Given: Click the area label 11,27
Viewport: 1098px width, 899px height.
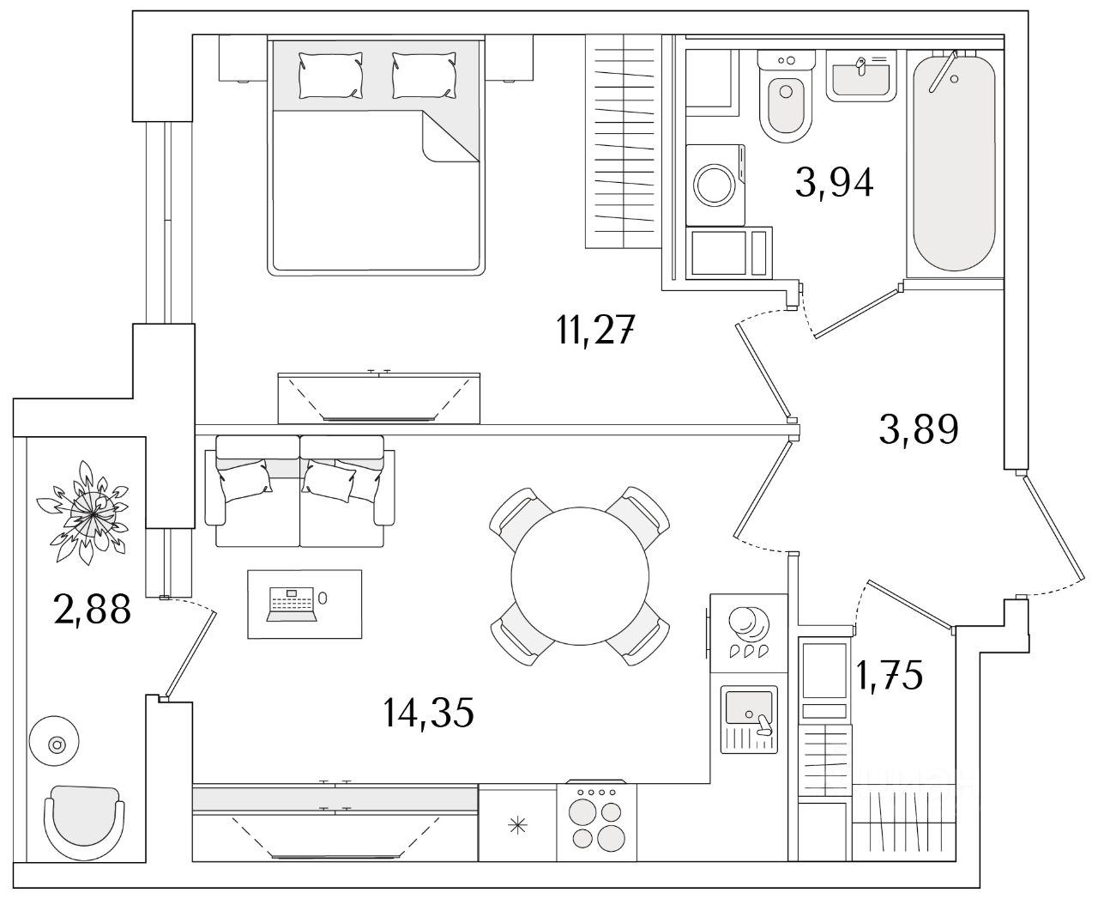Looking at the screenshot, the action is [x=595, y=330].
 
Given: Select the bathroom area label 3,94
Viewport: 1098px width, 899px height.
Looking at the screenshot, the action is [x=834, y=182].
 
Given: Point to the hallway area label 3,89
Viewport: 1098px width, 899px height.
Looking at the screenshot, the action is [x=918, y=428].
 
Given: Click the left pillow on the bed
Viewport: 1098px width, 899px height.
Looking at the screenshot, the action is [x=329, y=74].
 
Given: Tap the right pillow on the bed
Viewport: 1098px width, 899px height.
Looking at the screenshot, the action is [x=425, y=74].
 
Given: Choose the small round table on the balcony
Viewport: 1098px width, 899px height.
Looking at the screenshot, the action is [x=57, y=744].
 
